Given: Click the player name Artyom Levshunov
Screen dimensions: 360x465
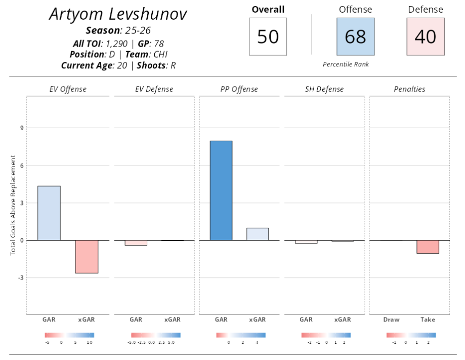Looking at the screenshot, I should point(118,14).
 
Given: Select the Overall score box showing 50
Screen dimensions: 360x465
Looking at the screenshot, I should point(268,36).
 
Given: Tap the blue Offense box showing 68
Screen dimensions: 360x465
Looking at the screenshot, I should point(355,36).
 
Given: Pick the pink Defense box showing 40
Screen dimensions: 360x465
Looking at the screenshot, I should point(425,36).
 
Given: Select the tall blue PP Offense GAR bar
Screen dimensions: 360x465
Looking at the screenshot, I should point(221,190).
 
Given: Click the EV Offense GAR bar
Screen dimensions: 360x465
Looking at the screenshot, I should point(49,213).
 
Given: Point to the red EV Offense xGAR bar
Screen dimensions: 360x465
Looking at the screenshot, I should point(87,256).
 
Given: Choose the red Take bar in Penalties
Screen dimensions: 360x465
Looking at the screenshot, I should point(428,247).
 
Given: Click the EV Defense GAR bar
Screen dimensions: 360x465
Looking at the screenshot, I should point(136,243).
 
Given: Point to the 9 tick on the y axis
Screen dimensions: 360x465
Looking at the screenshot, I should point(22,128).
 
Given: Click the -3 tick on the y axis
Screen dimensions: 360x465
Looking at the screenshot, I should point(21,277).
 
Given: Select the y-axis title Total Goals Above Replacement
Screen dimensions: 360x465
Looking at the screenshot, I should point(13,205).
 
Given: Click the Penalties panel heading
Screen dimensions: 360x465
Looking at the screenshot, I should point(409,89).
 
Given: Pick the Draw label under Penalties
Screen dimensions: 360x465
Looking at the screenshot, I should point(391,319).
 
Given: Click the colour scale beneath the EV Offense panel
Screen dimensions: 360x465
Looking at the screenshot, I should point(69,335).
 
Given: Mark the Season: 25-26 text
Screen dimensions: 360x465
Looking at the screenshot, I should point(118,30).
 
